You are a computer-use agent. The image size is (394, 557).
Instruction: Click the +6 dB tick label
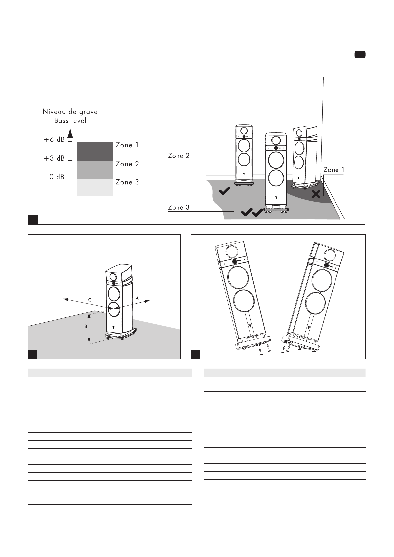point(55,139)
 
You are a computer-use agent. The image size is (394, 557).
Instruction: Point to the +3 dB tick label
point(55,158)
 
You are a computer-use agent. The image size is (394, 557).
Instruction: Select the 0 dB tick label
point(57,177)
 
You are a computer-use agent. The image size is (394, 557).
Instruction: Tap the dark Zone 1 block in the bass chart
point(95,151)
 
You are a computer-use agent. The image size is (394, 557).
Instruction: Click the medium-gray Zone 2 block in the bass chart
point(95,170)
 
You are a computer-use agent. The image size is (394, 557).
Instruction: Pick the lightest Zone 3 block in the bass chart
point(95,187)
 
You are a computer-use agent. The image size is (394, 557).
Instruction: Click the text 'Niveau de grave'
point(70,112)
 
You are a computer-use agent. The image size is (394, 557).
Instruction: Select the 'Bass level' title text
point(70,121)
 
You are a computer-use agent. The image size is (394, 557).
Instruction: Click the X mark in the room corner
point(316,194)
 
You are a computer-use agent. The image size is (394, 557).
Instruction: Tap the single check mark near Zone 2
point(225,191)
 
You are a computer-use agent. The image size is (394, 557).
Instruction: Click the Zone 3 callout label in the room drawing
point(179,207)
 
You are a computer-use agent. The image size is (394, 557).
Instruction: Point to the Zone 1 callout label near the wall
point(334,170)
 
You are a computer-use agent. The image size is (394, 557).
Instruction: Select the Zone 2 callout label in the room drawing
point(179,156)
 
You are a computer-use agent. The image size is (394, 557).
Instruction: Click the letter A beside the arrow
point(137,298)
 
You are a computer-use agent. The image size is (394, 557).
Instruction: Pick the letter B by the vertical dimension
point(86,326)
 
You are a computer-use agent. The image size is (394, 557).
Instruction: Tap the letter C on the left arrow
point(90,300)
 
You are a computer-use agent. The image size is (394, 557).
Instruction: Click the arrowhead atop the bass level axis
point(70,133)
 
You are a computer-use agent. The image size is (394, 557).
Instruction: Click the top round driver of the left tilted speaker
point(232,252)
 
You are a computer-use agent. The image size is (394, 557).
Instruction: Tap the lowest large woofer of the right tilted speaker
point(315,303)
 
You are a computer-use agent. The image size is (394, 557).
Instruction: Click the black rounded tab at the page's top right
point(360,55)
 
